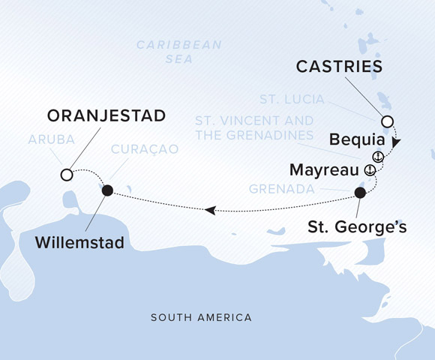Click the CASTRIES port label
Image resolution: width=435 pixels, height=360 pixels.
click(x=340, y=67)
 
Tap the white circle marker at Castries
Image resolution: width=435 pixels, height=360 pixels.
click(x=387, y=122)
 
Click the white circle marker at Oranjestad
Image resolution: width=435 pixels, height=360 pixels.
click(x=67, y=175)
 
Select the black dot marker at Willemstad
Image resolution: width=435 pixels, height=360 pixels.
click(x=107, y=190)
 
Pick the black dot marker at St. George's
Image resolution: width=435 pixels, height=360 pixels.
click(x=360, y=193)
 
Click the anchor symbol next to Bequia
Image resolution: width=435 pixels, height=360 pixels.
click(x=379, y=156)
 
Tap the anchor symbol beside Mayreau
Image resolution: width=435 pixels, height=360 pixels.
click(x=369, y=171)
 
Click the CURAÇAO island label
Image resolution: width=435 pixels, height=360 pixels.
click(x=144, y=149)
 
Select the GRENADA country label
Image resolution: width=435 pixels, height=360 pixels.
click(x=282, y=189)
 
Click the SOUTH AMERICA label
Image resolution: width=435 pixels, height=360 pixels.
click(x=201, y=318)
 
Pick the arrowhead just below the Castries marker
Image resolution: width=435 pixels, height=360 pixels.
click(x=395, y=142)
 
